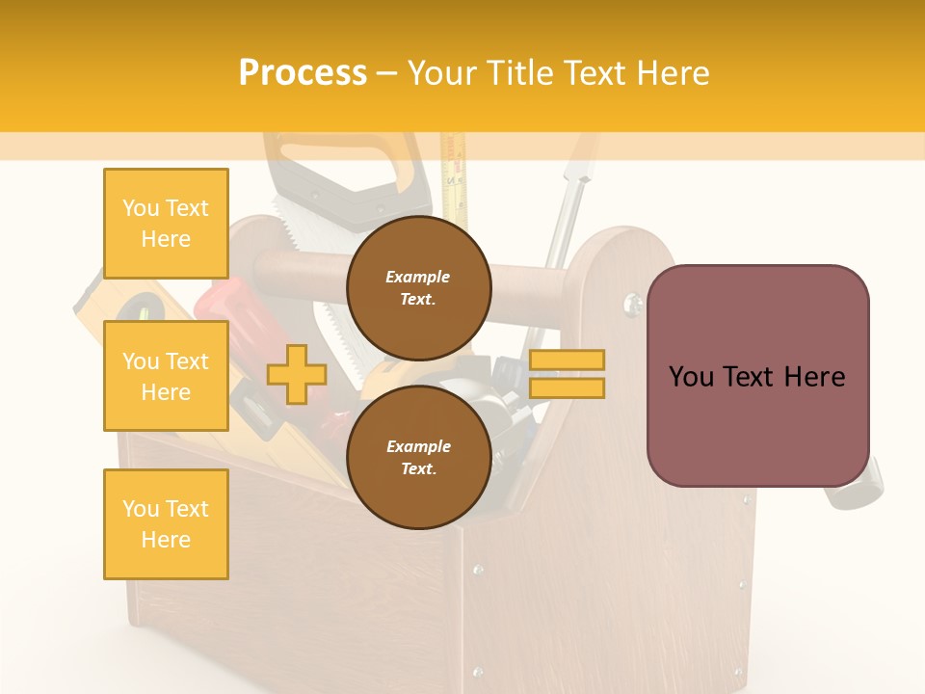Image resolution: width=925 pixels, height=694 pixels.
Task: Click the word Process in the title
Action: click(303, 73)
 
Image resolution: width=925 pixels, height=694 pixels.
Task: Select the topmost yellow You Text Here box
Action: click(166, 224)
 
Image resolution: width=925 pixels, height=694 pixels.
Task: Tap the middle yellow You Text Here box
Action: click(166, 376)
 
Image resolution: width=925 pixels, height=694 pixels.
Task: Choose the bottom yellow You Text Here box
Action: click(166, 523)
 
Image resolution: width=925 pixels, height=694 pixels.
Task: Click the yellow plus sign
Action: click(296, 374)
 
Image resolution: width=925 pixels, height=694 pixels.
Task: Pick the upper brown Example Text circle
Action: click(418, 287)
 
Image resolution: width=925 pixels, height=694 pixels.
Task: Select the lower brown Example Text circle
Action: click(418, 457)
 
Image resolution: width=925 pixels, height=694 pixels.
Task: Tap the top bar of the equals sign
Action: click(567, 360)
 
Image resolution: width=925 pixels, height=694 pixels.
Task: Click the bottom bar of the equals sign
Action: click(567, 387)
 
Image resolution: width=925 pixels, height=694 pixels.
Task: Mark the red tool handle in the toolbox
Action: click(224, 304)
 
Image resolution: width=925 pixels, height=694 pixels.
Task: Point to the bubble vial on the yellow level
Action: click(144, 310)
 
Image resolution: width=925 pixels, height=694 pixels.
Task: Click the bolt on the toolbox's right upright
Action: click(632, 305)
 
